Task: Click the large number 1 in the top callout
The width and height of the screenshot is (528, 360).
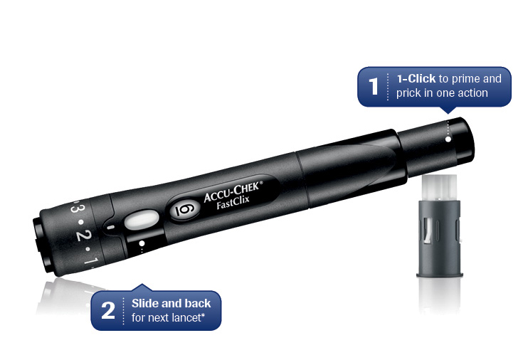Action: pyautogui.click(x=374, y=86)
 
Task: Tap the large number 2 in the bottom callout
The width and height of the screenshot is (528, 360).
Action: pyautogui.click(x=108, y=310)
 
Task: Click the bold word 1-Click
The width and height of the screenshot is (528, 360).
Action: pyautogui.click(x=416, y=79)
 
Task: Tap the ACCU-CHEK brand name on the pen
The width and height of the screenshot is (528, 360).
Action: pyautogui.click(x=233, y=192)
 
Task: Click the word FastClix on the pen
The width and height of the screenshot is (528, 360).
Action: pyautogui.click(x=233, y=202)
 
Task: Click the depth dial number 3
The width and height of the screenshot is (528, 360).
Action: pyautogui.click(x=75, y=209)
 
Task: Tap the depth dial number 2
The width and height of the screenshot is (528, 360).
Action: pyautogui.click(x=80, y=235)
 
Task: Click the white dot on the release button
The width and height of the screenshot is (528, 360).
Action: pyautogui.click(x=448, y=139)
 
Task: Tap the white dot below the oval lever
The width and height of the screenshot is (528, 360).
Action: pyautogui.click(x=142, y=243)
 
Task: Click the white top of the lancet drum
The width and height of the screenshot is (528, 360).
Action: pyautogui.click(x=440, y=188)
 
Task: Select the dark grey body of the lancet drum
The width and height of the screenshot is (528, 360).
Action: pyautogui.click(x=440, y=238)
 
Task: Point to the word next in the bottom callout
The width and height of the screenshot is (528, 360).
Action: pyautogui.click(x=157, y=318)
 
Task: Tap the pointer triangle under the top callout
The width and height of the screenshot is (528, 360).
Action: pyautogui.click(x=448, y=110)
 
